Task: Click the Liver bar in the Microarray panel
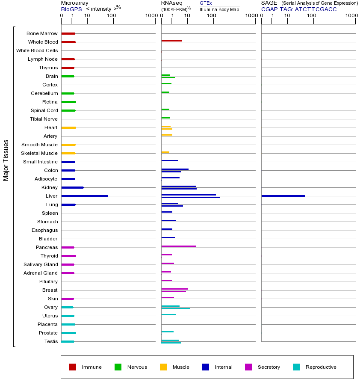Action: click(85, 196)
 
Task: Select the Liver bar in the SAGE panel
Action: click(283, 196)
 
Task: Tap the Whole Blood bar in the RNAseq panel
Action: click(171, 41)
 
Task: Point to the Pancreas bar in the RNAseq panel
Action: click(178, 246)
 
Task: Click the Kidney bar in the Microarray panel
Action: click(72, 187)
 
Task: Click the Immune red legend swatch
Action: click(73, 367)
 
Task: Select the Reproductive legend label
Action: click(321, 367)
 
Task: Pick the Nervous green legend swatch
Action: click(118, 367)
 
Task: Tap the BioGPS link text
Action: click(71, 9)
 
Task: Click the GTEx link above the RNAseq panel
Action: click(206, 3)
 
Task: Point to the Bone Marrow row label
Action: click(42, 33)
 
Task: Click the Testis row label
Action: click(50, 341)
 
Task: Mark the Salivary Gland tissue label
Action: click(41, 264)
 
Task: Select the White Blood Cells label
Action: click(37, 50)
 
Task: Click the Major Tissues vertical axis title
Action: click(6, 160)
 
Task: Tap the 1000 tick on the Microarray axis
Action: click(150, 16)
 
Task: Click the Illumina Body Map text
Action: click(219, 9)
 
